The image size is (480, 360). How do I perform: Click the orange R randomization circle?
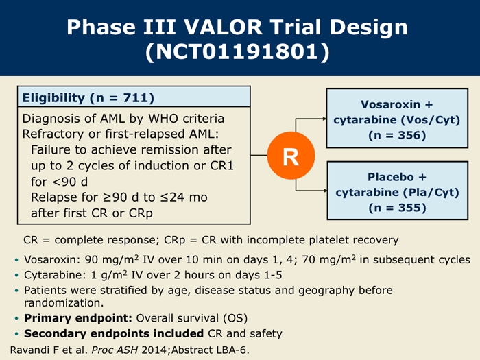[291, 156]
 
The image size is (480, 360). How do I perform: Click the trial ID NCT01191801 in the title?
[237, 51]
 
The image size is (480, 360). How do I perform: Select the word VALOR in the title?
[223, 27]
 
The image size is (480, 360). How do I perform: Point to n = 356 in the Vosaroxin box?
[397, 135]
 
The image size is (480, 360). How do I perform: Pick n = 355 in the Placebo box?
[397, 208]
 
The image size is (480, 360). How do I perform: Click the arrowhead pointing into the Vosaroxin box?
[324, 119]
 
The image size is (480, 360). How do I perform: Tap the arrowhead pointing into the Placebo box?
[325, 191]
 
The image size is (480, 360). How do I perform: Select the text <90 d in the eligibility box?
[70, 182]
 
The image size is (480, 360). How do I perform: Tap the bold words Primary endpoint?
[78, 318]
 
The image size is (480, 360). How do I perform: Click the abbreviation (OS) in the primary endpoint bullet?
[235, 318]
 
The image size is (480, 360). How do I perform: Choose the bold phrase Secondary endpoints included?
[114, 333]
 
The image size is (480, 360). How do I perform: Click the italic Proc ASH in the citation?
[115, 350]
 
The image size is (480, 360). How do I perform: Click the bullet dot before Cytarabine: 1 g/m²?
[16, 275]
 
